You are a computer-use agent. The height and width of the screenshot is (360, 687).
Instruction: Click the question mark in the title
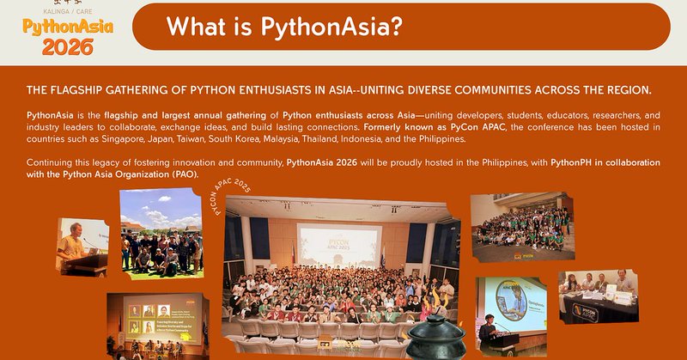tap(396, 27)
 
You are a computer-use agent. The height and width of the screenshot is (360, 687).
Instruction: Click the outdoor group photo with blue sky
tap(161, 230)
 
